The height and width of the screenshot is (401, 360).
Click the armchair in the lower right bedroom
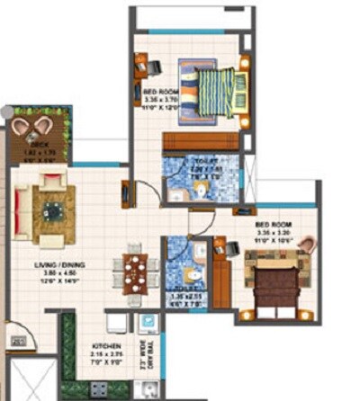(x=305, y=245)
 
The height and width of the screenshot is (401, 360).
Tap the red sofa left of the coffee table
(x=21, y=212)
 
